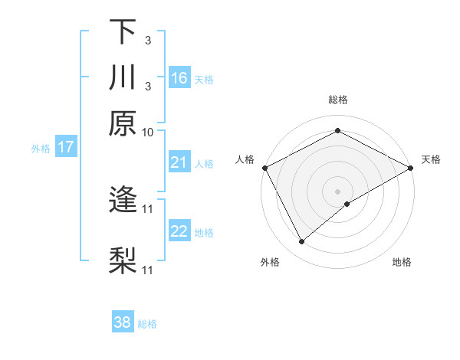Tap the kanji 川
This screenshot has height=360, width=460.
tap(123, 79)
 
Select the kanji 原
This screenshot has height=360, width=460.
tap(123, 123)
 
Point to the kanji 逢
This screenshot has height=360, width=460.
tap(123, 201)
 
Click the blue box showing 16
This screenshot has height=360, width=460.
tap(179, 78)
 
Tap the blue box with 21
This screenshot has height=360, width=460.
tap(179, 162)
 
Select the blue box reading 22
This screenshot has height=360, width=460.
tap(179, 231)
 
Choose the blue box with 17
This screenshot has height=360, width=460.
tap(66, 148)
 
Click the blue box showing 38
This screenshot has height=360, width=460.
tap(123, 322)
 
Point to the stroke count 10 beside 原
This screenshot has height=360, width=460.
tap(148, 132)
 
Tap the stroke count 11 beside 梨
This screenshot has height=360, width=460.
tap(149, 270)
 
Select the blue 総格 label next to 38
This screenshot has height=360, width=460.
tap(147, 324)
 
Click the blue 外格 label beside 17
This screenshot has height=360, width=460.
tap(41, 149)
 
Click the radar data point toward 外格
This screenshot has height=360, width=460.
tap(301, 242)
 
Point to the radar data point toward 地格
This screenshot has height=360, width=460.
tap(347, 204)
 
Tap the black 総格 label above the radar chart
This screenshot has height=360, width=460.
tap(337, 100)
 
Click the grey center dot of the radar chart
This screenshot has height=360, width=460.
tap(337, 191)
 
